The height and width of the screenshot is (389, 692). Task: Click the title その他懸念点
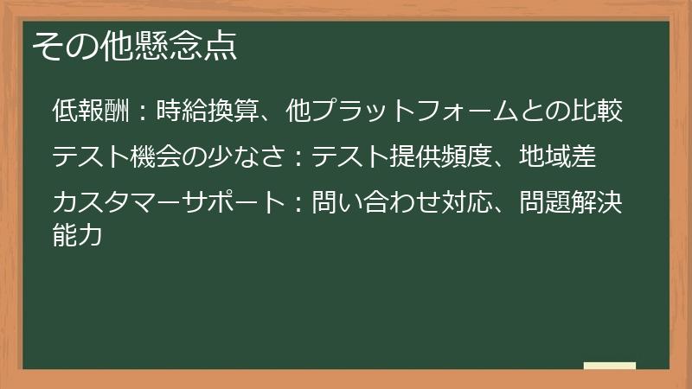(x=134, y=45)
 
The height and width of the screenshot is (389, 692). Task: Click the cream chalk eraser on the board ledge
(x=609, y=366)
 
